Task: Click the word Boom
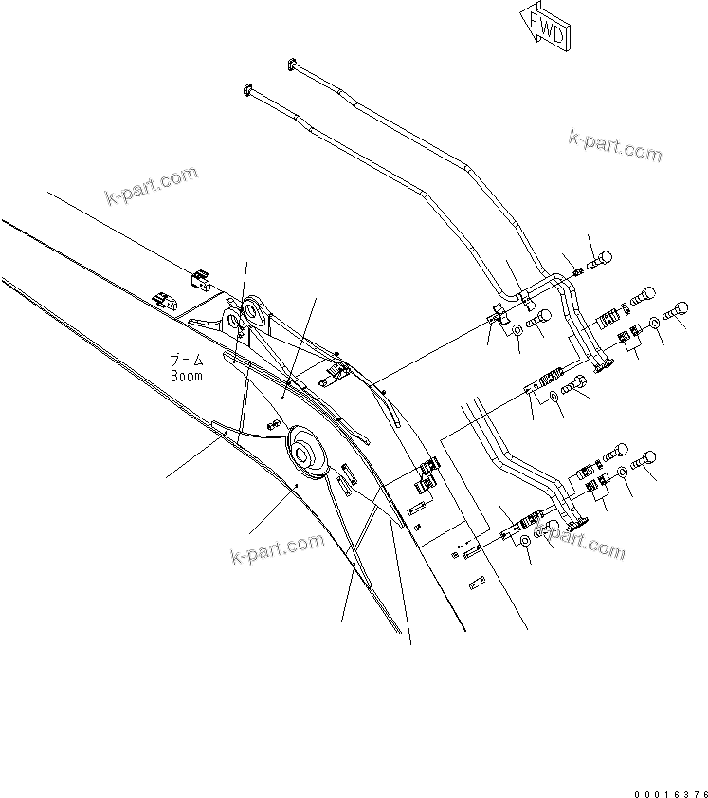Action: click(x=188, y=375)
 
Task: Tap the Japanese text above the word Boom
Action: click(x=187, y=361)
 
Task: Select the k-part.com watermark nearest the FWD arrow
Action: click(x=615, y=144)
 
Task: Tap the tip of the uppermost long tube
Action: click(x=291, y=64)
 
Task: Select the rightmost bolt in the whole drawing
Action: click(x=680, y=309)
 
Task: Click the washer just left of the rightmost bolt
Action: click(x=656, y=325)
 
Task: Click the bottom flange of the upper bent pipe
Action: click(x=601, y=365)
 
